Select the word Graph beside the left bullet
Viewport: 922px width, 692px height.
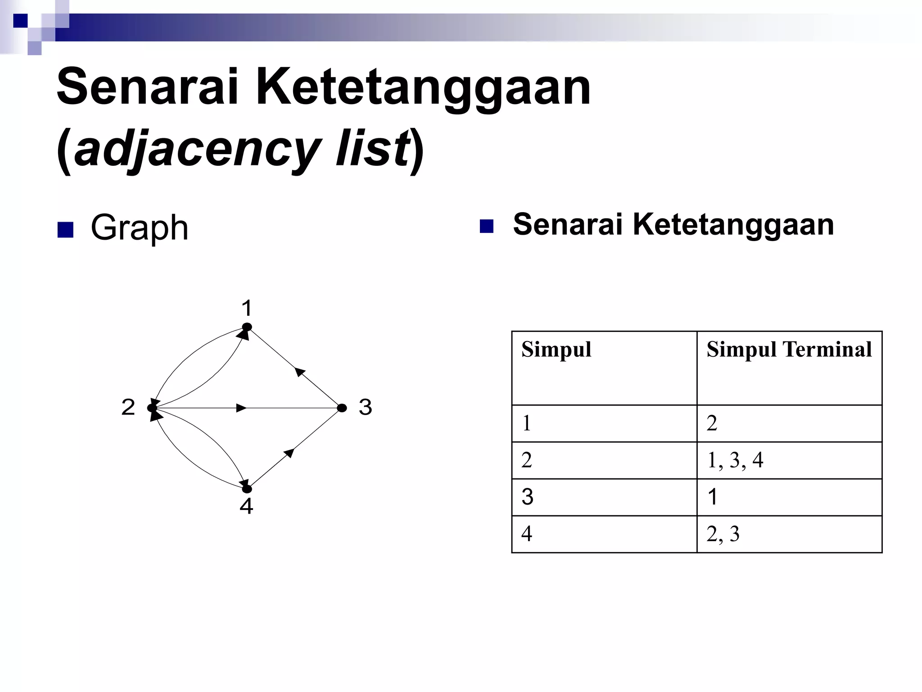(x=139, y=228)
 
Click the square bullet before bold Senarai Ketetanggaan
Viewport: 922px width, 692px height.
(x=487, y=226)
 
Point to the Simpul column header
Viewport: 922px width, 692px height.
(x=556, y=350)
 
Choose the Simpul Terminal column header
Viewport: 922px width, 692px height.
(x=789, y=350)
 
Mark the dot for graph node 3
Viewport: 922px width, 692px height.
(x=342, y=408)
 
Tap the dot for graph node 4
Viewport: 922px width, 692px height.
(x=247, y=489)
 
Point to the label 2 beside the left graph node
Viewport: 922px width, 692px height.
(x=128, y=408)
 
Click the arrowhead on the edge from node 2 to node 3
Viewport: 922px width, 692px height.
(x=241, y=408)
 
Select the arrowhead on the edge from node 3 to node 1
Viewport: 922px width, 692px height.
(x=300, y=372)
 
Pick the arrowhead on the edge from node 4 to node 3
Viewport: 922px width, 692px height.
(x=289, y=453)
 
